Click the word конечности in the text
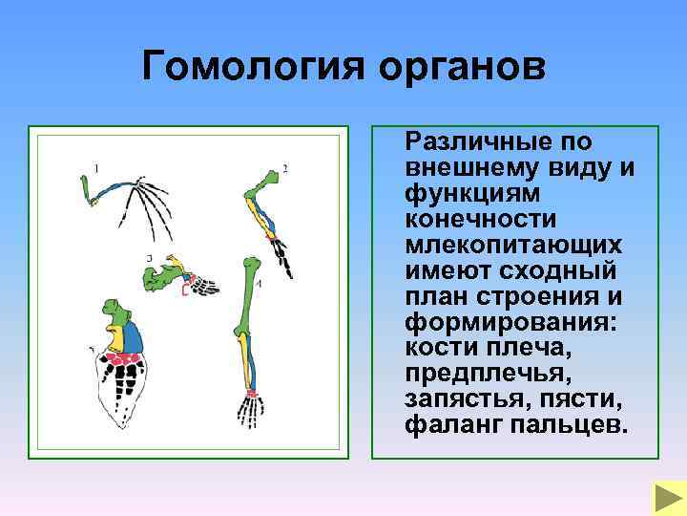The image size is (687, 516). tap(471, 220)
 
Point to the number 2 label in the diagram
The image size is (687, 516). tap(285, 169)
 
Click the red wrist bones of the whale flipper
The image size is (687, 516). tap(123, 359)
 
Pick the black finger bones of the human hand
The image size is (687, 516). tap(250, 413)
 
